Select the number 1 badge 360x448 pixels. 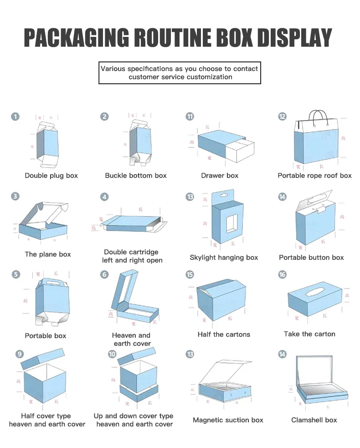click(x=15, y=117)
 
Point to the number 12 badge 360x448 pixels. click(x=283, y=117)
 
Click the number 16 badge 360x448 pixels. click(x=283, y=275)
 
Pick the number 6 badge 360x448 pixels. click(x=105, y=275)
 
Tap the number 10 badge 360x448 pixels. click(x=112, y=354)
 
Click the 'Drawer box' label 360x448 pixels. click(x=220, y=176)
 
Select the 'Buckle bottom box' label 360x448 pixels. click(x=136, y=176)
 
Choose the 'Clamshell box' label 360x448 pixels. click(x=314, y=420)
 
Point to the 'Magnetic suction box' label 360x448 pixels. click(x=228, y=420)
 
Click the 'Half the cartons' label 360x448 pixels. click(x=224, y=335)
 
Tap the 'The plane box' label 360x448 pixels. click(x=48, y=255)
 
